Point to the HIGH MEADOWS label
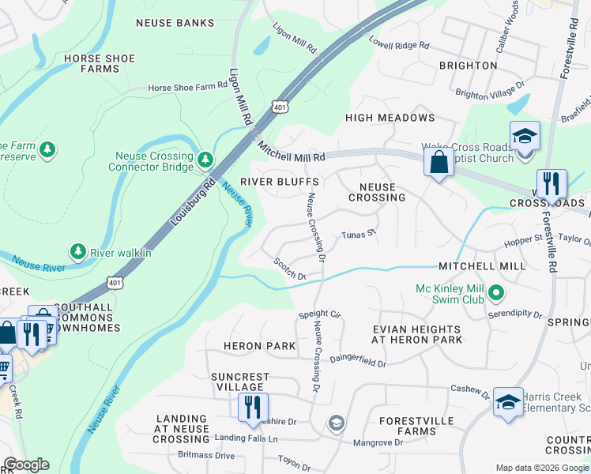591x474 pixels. (390, 118)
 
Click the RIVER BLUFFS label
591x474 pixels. (284, 182)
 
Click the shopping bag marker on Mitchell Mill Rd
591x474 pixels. (438, 163)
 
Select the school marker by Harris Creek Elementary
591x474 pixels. (508, 402)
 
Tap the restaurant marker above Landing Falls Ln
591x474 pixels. (253, 408)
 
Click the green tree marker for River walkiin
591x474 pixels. (77, 251)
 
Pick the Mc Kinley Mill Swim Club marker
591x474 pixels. (496, 294)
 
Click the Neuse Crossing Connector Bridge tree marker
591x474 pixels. (205, 160)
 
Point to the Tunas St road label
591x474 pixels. (356, 235)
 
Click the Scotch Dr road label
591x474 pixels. (289, 269)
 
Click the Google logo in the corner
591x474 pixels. (26, 465)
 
